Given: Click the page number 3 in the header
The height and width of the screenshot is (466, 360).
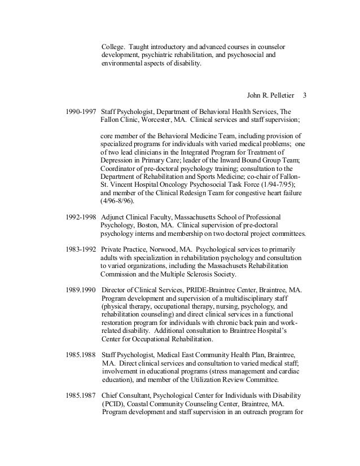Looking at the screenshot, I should [x=306, y=94].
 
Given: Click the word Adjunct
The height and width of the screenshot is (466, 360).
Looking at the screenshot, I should [x=114, y=217].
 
